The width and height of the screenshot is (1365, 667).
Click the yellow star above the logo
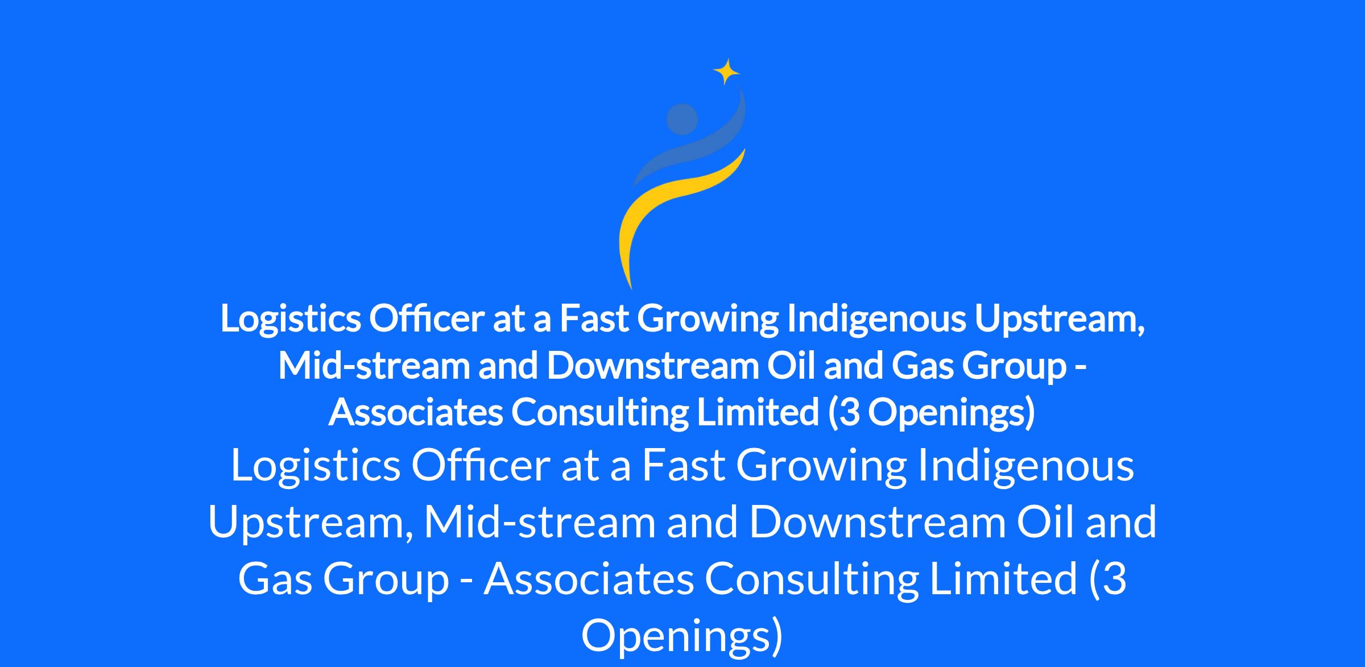pyautogui.click(x=726, y=72)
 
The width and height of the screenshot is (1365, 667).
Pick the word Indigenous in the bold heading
pyautogui.click(x=876, y=318)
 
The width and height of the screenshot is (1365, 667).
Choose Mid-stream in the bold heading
pyautogui.click(x=374, y=366)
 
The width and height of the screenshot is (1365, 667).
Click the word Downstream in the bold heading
pyautogui.click(x=652, y=366)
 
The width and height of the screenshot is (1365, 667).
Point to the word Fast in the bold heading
pyautogui.click(x=594, y=319)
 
